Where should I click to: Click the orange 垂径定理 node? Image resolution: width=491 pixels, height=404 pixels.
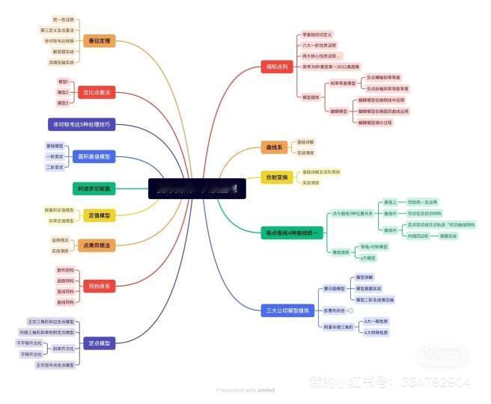[x=100, y=41]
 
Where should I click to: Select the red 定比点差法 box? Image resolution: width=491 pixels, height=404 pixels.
[x=96, y=93]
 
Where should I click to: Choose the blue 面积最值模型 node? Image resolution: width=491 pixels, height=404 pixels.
[x=95, y=156]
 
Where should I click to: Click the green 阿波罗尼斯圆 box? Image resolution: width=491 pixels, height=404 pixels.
[x=94, y=189]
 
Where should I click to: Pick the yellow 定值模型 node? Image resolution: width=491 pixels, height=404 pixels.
[x=99, y=215]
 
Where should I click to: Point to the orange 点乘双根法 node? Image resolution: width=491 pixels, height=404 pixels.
[x=97, y=245]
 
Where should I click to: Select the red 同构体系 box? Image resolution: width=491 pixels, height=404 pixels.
[x=99, y=286]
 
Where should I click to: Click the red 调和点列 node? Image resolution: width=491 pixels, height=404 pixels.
[x=275, y=67]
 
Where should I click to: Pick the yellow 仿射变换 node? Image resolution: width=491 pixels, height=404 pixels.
[x=276, y=177]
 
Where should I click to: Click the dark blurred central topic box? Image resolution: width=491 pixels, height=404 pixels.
[x=197, y=189]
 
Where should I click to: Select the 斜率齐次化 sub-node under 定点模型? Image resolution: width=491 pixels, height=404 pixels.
[x=63, y=348]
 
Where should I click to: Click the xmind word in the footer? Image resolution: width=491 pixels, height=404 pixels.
[x=267, y=391]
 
